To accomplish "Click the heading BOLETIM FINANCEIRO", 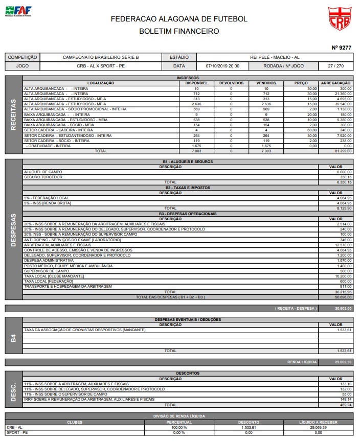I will point(179,31).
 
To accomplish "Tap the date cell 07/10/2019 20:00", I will point(222,66).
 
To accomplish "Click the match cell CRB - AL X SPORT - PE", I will point(101,66).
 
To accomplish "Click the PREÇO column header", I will point(301,83).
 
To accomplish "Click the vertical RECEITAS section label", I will point(14,114).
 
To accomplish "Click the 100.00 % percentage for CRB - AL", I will point(179,427).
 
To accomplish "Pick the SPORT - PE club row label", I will point(17,432).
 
